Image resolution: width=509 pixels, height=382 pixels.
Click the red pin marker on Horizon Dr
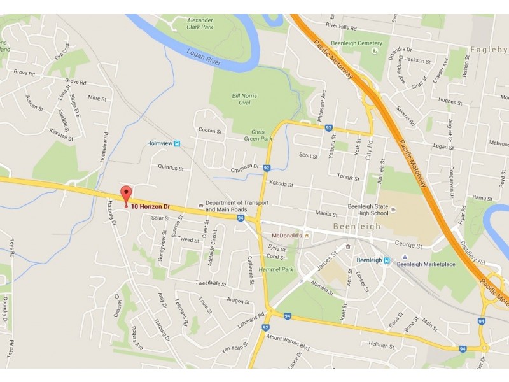126,195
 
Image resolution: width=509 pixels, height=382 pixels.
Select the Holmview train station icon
177,143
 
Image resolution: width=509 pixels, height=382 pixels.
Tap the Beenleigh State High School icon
393,209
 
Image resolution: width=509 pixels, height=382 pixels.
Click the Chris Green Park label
258,134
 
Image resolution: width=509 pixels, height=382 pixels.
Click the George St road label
408,244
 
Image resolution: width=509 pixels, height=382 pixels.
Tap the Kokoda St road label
281,184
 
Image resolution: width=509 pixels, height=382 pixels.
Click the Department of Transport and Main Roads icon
202,205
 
